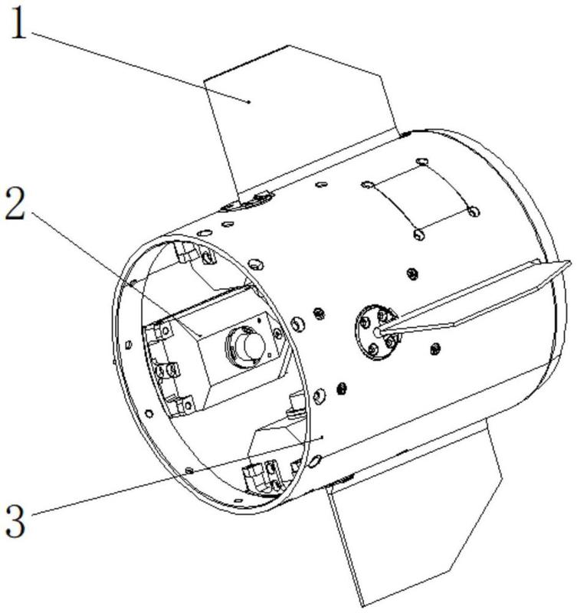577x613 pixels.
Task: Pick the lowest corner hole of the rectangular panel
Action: pyautogui.click(x=418, y=231)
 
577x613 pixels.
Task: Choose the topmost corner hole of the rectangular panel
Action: pyautogui.click(x=421, y=162)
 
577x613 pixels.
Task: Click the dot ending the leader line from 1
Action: pyautogui.click(x=250, y=100)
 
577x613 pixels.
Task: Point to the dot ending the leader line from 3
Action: pyautogui.click(x=323, y=438)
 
